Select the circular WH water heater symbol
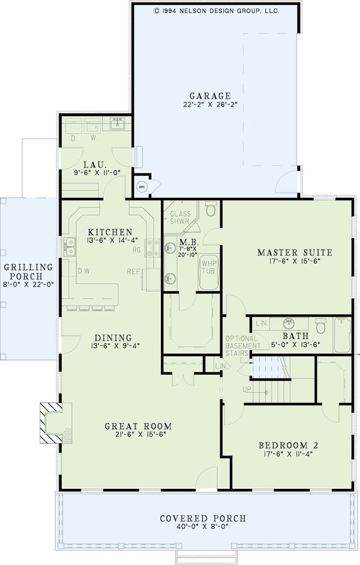tap(142, 187)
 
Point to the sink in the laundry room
tap(116, 126)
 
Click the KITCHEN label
tap(110, 232)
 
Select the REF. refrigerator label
tap(133, 272)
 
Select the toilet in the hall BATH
tap(320, 327)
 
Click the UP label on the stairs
tap(247, 389)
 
